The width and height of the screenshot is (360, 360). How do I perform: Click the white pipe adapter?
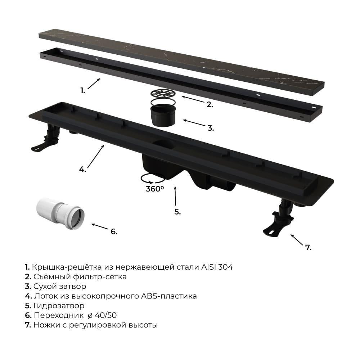coord(60,213)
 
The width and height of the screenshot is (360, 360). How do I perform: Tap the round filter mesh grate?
coord(163,94)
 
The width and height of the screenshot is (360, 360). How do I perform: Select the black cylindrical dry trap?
coord(163,115)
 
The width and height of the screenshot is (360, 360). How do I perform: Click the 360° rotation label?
coord(155,189)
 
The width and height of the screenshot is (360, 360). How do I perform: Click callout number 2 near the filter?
coord(210,104)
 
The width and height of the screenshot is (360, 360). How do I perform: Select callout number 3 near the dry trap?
coord(211,128)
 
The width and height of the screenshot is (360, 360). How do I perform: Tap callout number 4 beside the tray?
coord(82,170)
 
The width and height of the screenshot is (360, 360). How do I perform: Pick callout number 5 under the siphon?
coord(177,212)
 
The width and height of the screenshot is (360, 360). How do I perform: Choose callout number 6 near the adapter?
coord(114,231)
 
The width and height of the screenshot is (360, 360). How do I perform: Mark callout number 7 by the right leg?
coord(308,248)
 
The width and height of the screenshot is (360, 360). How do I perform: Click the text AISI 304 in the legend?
coord(217,267)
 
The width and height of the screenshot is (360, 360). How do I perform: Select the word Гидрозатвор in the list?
coord(59,306)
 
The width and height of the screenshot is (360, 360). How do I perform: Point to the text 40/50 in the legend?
coord(105,315)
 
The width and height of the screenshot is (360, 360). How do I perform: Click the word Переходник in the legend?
coord(59,315)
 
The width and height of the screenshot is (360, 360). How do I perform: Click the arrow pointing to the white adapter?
coord(100,226)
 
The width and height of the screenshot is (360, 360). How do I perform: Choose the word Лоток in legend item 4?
coord(46,296)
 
